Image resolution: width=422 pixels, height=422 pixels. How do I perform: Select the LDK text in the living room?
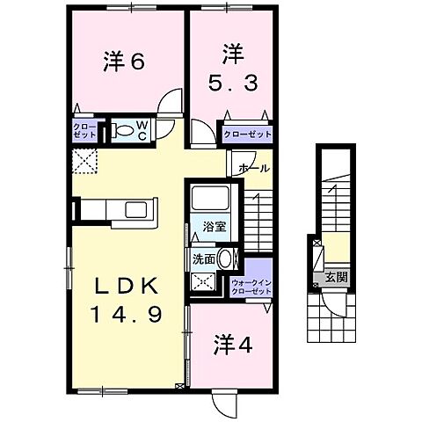pos(127,287)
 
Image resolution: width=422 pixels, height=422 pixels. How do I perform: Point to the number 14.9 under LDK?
pos(127,315)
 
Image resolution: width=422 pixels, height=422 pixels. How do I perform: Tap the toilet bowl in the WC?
pos(124,131)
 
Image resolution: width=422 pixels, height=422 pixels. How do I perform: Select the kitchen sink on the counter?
pos(137,209)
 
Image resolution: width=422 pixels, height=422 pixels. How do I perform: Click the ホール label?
pos(253,167)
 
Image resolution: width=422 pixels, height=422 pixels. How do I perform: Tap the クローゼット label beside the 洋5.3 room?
pos(246,135)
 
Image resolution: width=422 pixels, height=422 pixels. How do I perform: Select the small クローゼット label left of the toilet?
pos(85,132)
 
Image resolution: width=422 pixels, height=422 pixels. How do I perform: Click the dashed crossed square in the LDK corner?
pos(87,161)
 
